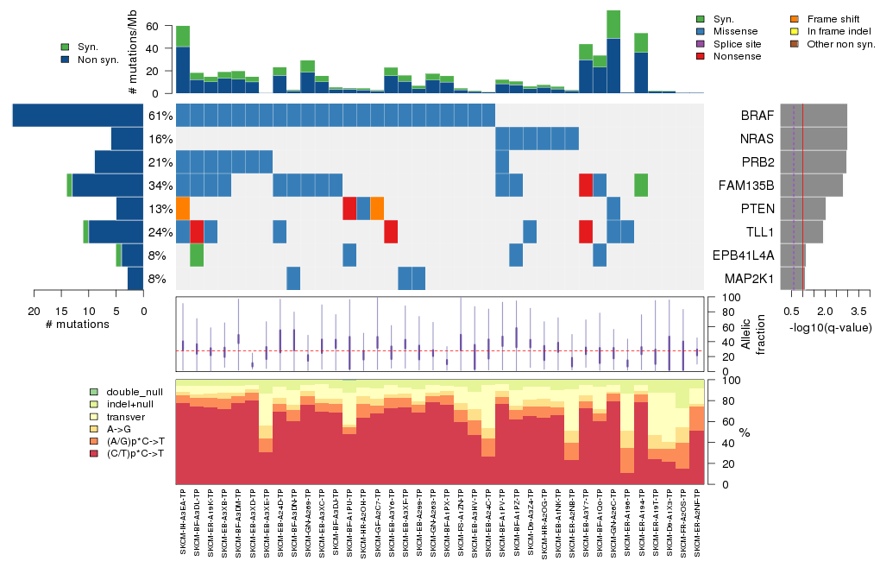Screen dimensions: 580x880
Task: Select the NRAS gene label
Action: (x=757, y=139)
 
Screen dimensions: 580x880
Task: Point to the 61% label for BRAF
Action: (x=160, y=116)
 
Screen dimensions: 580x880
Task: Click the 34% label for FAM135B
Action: (x=160, y=186)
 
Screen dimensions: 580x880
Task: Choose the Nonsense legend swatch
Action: (x=701, y=56)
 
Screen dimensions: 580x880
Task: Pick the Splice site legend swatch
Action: (x=701, y=44)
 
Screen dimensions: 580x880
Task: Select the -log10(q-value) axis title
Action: (x=830, y=327)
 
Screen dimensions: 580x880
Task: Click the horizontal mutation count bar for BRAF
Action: (x=78, y=116)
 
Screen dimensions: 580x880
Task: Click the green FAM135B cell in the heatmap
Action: (x=641, y=186)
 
